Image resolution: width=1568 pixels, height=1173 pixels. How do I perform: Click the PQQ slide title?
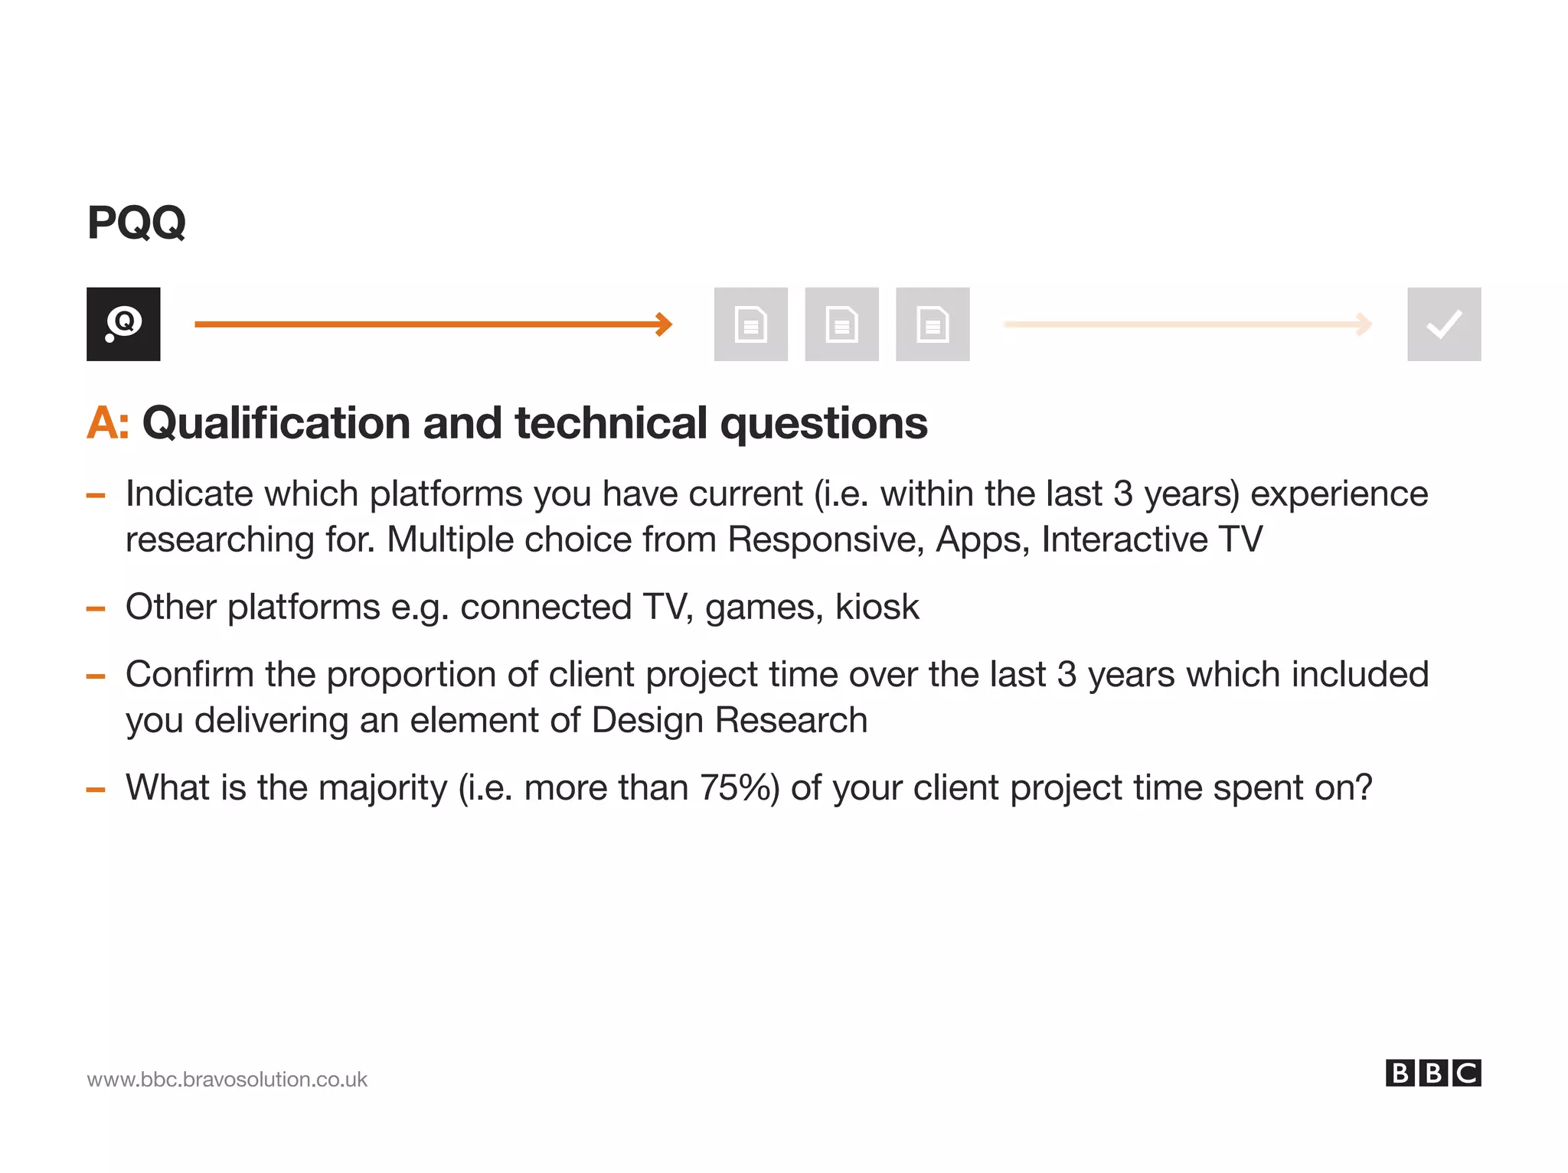(136, 223)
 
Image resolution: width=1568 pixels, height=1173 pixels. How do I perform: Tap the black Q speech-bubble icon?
(123, 324)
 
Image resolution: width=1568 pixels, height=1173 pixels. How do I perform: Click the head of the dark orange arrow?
(665, 324)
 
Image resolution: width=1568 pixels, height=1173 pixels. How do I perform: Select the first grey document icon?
(750, 324)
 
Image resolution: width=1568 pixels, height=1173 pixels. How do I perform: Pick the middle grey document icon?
(841, 324)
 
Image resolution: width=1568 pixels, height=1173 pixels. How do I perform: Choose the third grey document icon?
(933, 324)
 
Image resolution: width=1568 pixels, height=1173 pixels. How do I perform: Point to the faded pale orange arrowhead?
(1364, 324)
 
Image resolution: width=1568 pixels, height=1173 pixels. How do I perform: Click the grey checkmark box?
(1444, 324)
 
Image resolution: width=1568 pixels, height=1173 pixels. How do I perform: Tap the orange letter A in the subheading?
(103, 423)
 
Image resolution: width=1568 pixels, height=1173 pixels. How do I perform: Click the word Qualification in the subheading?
(276, 423)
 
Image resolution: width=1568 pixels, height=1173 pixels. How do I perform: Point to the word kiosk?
(877, 607)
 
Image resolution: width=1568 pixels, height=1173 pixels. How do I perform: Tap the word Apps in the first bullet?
(982, 539)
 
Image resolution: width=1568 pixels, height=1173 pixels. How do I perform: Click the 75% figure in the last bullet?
(740, 787)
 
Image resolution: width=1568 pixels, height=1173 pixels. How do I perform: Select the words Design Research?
(730, 720)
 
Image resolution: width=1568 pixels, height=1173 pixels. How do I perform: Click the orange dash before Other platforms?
(96, 609)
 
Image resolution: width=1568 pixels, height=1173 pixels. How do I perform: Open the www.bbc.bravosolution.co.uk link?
(227, 1079)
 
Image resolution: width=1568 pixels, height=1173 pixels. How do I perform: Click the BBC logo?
(1432, 1073)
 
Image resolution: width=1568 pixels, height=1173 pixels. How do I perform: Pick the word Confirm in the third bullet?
(189, 674)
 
